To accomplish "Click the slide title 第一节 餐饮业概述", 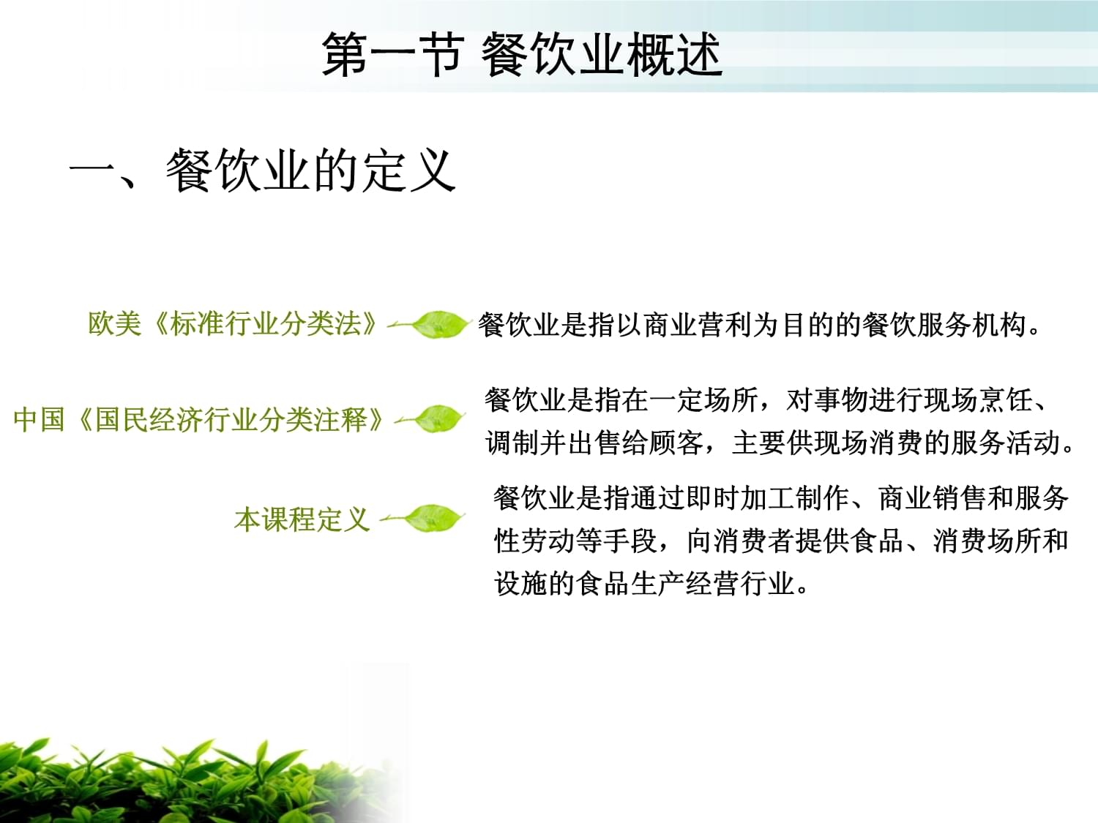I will [x=522, y=55].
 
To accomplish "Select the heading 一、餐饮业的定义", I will [x=263, y=170].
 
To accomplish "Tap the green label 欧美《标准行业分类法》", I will [x=233, y=323].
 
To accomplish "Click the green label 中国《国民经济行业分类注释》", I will [x=198, y=419].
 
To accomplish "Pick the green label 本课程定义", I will [x=302, y=519].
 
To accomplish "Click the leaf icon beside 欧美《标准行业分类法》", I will [x=436, y=324].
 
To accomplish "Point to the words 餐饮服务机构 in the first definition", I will [x=944, y=325].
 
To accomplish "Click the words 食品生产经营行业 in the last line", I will [x=685, y=584].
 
